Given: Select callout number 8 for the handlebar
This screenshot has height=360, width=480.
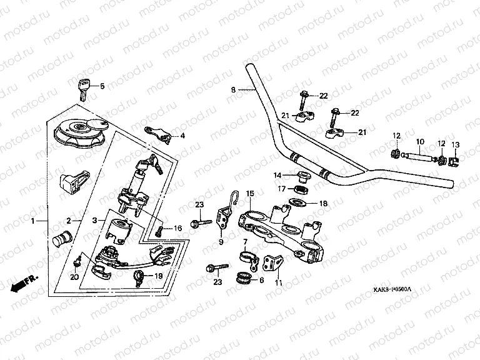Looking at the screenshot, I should point(233,90).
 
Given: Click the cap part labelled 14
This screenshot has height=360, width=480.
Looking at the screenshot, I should point(301,174).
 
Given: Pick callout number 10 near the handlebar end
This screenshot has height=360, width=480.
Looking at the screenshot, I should point(420,142).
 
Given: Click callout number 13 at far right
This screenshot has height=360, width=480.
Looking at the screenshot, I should point(455,144).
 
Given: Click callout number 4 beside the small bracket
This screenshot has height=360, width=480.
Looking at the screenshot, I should point(182,136).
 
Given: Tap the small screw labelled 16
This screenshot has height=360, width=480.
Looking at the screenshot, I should point(160,231).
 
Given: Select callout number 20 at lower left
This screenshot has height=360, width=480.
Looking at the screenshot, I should point(75,277).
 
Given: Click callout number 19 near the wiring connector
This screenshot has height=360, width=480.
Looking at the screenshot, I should point(158,276).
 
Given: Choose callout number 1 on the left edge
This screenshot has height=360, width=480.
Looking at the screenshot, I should point(33,221).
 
